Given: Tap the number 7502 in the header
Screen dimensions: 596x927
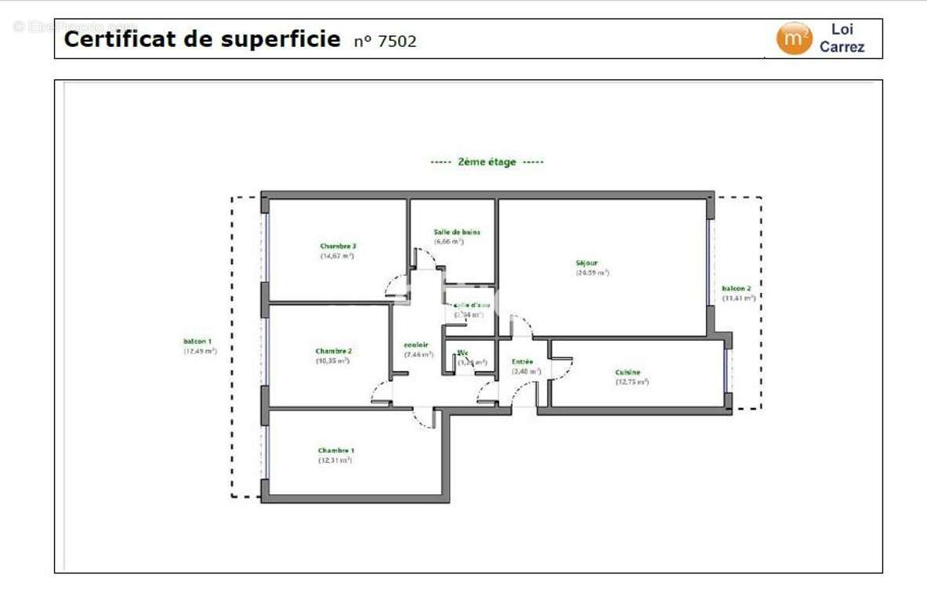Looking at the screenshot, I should coord(397,42).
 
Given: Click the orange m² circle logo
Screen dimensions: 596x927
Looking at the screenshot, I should coord(794,38).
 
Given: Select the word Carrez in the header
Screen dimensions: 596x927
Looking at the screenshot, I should coord(842,47).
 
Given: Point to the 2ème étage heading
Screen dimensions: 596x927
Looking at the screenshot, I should coord(487,162).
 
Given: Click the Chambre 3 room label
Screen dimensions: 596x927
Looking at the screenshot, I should coord(338,246).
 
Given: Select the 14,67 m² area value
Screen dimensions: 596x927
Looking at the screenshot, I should coord(337,256).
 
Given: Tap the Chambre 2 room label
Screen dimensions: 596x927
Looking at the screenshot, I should coord(333,351).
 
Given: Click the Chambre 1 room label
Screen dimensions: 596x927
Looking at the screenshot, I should coord(335,450).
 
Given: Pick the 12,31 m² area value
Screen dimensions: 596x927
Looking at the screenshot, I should coord(335,461).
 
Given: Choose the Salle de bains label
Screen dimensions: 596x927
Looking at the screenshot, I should coord(457,232).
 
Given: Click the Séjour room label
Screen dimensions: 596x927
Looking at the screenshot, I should coord(587,263).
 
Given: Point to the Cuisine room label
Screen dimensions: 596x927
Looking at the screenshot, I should coord(628,372).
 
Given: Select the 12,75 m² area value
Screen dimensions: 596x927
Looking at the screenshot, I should coord(632,382).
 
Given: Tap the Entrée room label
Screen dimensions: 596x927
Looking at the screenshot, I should coord(523,362).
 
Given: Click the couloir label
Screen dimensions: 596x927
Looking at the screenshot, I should coord(416,345).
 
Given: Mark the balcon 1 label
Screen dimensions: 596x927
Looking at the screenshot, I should coord(197,341).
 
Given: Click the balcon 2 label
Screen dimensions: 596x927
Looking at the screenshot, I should coord(737,288).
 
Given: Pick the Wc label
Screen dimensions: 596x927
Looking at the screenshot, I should coord(463,352).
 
